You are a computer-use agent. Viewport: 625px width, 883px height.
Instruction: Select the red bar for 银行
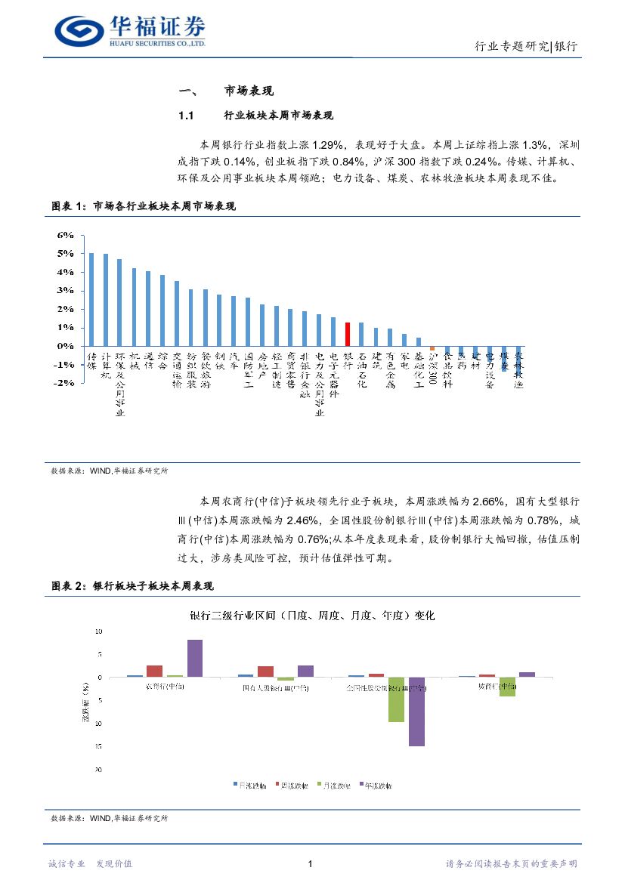(347, 334)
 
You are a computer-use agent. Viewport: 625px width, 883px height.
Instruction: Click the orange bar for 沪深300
(432, 348)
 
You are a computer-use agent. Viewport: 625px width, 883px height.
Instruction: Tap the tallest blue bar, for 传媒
(91, 299)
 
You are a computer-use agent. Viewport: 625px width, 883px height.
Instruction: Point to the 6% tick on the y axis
(66, 235)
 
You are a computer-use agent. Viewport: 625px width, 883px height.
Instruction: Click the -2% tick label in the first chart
(65, 383)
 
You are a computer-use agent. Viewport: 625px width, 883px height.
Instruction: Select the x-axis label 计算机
(106, 365)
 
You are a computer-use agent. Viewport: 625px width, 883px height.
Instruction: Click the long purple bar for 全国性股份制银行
(416, 711)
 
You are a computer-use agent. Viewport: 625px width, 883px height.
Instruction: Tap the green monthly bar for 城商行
(507, 686)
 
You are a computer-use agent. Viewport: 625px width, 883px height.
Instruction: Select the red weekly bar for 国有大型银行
(265, 671)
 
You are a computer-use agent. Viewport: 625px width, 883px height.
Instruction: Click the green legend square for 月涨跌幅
(320, 786)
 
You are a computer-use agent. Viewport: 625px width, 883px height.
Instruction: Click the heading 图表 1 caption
(143, 206)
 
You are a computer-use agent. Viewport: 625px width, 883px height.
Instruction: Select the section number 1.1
(187, 116)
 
